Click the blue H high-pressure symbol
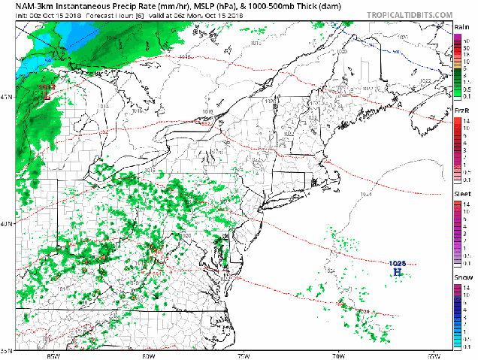(398, 272)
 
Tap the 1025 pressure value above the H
(398, 263)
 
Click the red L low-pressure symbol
(46, 97)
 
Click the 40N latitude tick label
(7, 225)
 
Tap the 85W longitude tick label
(53, 355)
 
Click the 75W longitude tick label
(244, 355)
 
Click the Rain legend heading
(462, 26)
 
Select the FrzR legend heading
(462, 111)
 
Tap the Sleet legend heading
(462, 195)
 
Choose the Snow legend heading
(462, 278)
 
